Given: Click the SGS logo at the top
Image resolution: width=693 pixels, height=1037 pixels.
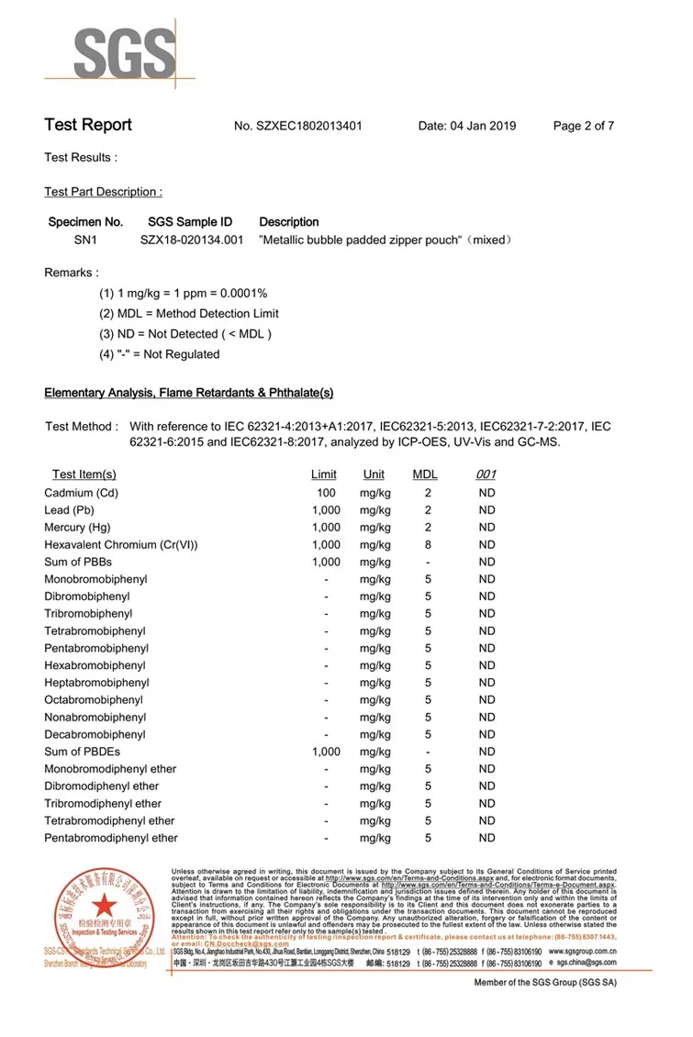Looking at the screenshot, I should [125, 50].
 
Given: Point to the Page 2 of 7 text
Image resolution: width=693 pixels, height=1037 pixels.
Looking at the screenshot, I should [583, 126].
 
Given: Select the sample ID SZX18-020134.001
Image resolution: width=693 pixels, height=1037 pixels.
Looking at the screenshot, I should [191, 240].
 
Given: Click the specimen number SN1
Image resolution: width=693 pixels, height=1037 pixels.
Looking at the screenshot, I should [85, 240].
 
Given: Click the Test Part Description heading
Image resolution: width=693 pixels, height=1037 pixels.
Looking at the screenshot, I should [103, 192].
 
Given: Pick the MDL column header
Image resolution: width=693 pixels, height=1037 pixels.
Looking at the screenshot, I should [425, 474].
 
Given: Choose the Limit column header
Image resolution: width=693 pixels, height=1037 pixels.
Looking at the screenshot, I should [324, 474].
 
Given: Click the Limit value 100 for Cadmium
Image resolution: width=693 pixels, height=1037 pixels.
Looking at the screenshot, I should [326, 493].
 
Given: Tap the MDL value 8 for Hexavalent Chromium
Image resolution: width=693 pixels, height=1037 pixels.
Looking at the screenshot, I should [428, 544].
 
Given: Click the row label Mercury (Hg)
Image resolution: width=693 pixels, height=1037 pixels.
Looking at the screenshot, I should [77, 528].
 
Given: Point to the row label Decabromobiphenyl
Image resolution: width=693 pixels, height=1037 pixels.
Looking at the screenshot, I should [95, 734].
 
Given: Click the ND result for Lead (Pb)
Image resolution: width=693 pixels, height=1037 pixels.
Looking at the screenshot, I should [486, 510].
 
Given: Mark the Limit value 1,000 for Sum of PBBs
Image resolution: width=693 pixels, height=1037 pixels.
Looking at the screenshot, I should [326, 562].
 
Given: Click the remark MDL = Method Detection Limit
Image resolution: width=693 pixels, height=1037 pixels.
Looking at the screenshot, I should [188, 314].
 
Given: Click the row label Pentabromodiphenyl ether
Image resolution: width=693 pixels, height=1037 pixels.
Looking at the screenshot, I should [111, 838].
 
